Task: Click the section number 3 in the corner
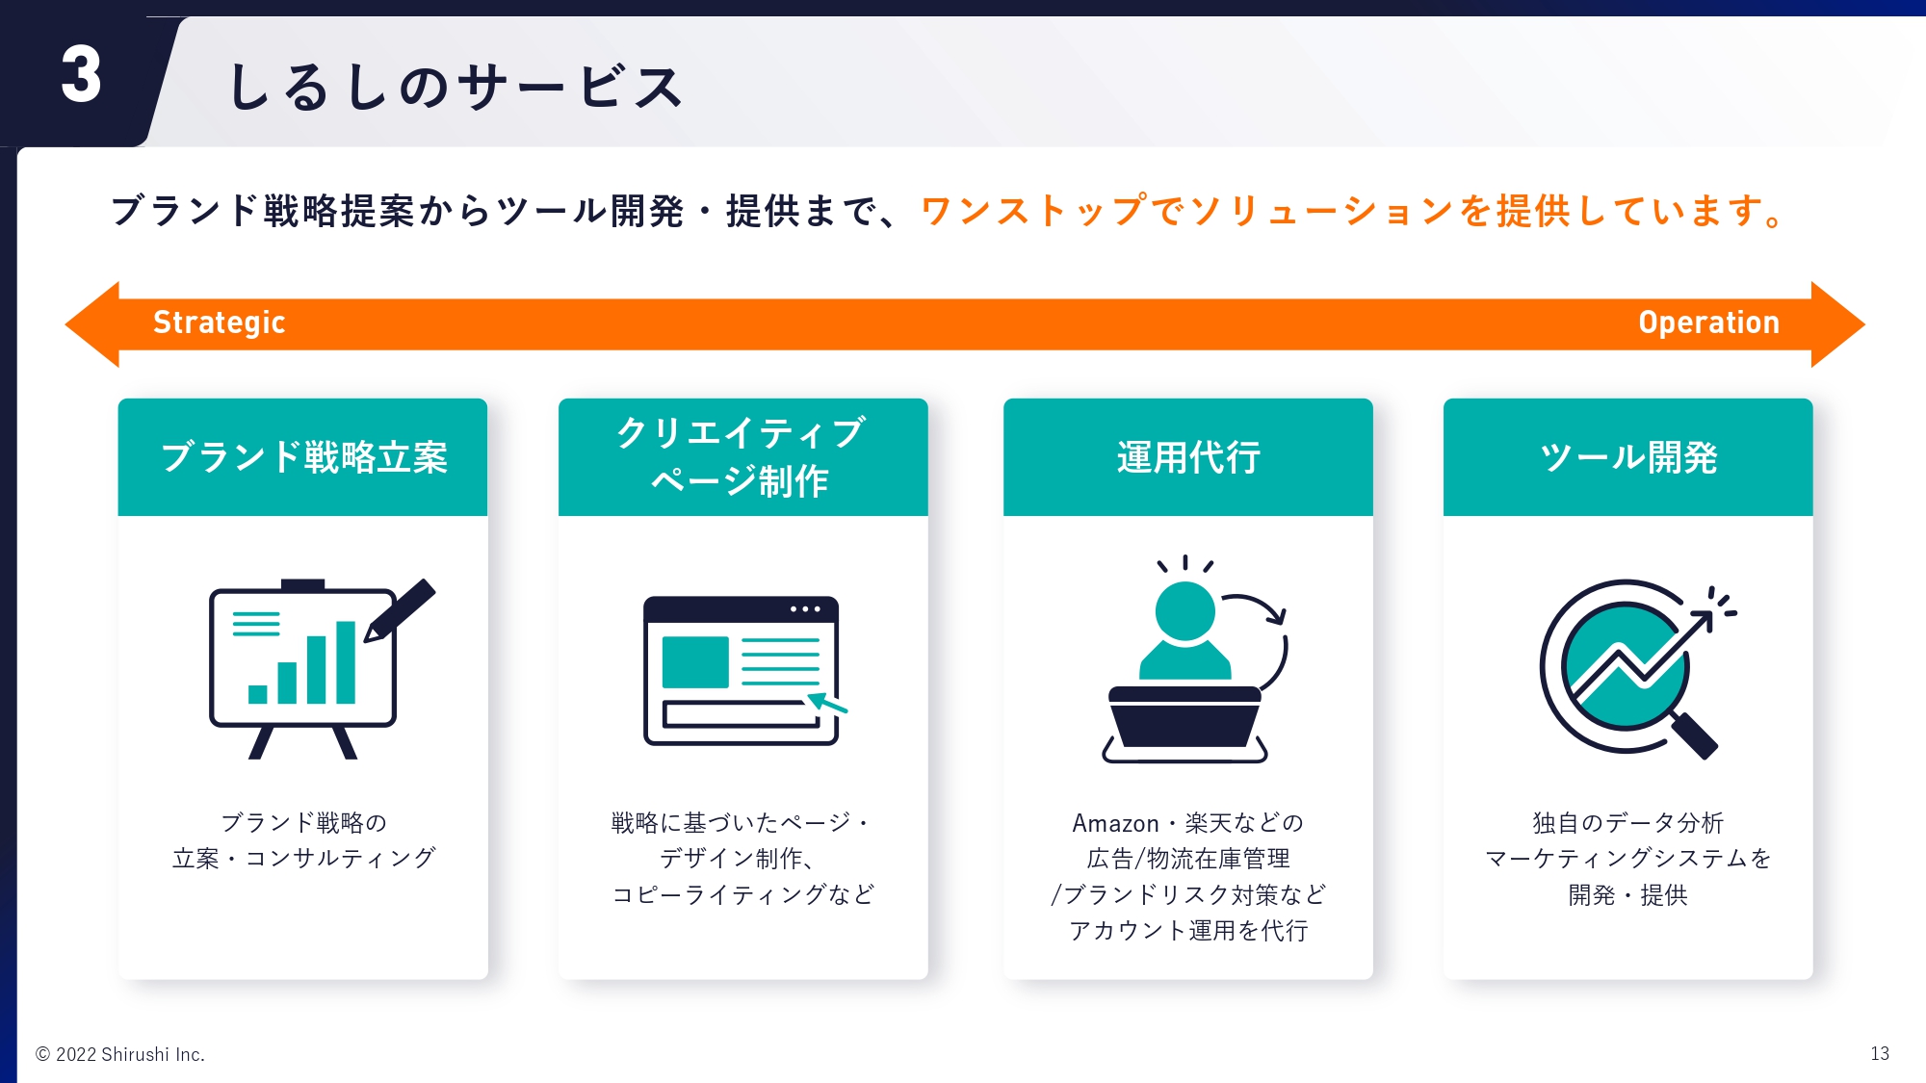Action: click(x=81, y=74)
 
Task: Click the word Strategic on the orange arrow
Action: click(x=220, y=322)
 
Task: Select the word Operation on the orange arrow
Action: click(x=1709, y=322)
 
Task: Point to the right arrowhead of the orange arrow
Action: click(x=1837, y=324)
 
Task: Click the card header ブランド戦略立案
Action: click(x=303, y=457)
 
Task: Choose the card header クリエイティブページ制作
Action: click(x=742, y=457)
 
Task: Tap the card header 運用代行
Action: click(x=1188, y=457)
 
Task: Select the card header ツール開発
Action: click(x=1628, y=457)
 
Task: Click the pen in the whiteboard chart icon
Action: click(x=400, y=609)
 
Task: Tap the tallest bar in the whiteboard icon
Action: click(x=346, y=662)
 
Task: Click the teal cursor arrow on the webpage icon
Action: click(x=827, y=703)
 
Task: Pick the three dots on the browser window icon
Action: click(x=805, y=609)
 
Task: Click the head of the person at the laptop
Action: click(x=1184, y=610)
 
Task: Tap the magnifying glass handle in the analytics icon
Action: click(x=1694, y=735)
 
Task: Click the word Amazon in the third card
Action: click(x=1115, y=823)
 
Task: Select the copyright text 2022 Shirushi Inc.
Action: click(x=130, y=1054)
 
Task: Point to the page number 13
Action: click(x=1880, y=1054)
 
